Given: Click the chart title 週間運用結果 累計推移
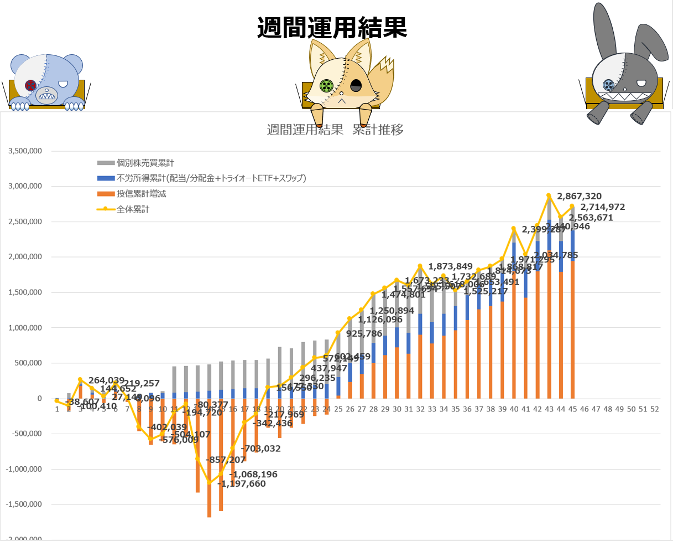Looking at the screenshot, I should tap(335, 131).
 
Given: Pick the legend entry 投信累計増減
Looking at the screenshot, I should tap(141, 194).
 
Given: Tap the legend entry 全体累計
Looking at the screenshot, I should tap(133, 209).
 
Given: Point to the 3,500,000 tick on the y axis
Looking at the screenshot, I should tap(24, 151).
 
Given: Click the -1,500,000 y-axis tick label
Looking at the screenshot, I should tap(24, 504).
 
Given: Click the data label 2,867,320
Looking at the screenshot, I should tap(580, 196).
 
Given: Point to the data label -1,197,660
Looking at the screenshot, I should tap(241, 483).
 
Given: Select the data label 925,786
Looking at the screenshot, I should tap(364, 334).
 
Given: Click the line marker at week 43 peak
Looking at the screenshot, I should tap(549, 195).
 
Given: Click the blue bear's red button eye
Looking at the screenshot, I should tap(31, 85).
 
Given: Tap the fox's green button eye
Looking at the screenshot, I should tap(327, 86).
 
